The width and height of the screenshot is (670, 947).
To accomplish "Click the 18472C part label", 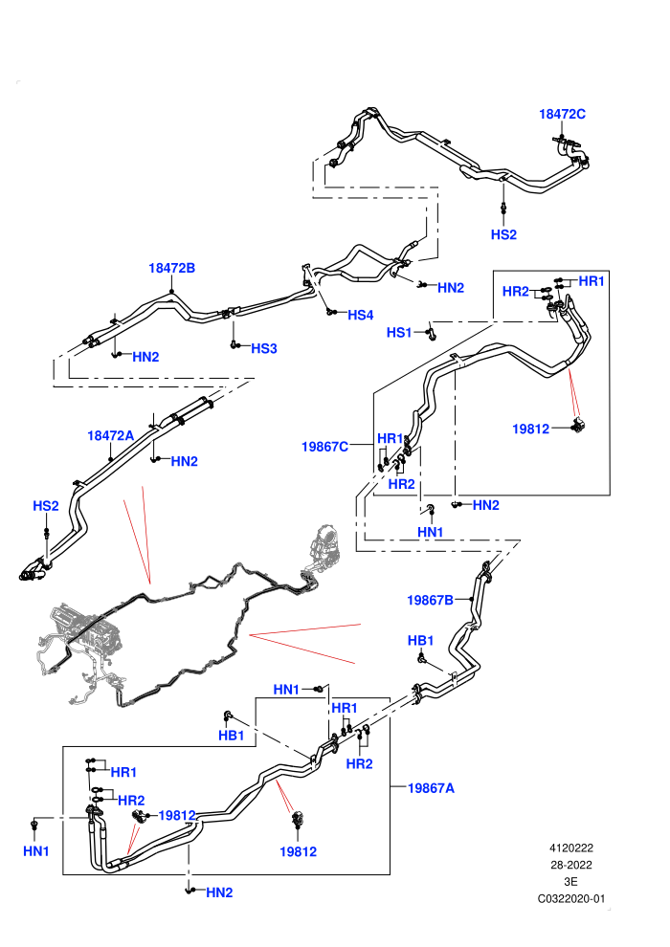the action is click(x=562, y=114).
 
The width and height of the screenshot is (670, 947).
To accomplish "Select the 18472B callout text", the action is click(x=171, y=268).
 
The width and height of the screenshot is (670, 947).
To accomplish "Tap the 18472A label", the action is click(x=111, y=435).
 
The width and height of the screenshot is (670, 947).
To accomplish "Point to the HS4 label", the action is click(x=360, y=315).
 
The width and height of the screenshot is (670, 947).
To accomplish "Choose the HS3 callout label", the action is click(x=263, y=348).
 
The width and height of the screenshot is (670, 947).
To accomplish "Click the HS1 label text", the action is click(x=399, y=332).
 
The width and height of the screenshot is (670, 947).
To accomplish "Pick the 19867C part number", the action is click(x=324, y=447).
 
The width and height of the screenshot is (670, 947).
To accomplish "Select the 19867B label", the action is click(x=430, y=601).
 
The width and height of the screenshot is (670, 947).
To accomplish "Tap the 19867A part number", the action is click(x=431, y=788).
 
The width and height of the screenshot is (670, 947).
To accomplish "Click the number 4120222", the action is click(x=570, y=848).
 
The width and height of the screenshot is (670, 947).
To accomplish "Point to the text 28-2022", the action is click(x=570, y=865).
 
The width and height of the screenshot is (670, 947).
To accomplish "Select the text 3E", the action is click(x=570, y=882).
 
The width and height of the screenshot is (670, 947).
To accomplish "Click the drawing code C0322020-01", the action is click(x=570, y=898).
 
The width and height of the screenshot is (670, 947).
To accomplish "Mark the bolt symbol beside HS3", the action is click(x=234, y=345).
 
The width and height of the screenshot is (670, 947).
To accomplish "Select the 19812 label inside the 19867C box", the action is click(x=530, y=429).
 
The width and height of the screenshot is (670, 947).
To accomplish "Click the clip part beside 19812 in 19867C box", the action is click(x=579, y=426).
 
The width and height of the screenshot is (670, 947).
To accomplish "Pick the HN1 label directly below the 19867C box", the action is click(x=430, y=532).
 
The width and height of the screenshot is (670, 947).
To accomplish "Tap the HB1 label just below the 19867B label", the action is click(x=420, y=641).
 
